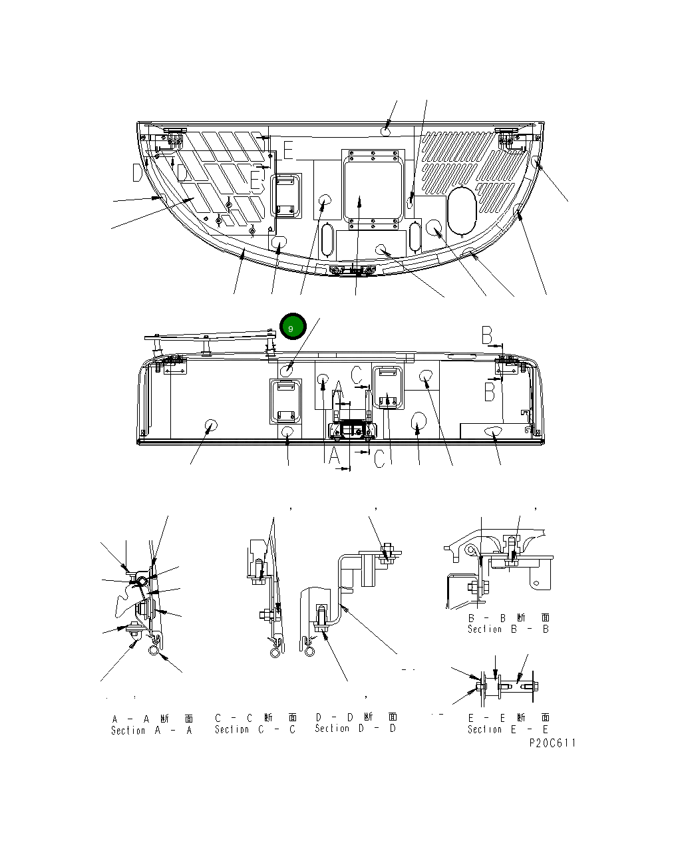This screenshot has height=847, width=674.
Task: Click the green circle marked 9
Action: click(291, 326)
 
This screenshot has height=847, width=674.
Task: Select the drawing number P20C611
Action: click(552, 743)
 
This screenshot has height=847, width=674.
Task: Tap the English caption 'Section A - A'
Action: click(151, 730)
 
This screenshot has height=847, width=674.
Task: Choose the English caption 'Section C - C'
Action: click(255, 729)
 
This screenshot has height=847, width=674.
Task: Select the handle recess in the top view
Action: click(287, 196)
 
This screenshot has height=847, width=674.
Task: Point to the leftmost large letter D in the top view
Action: click(137, 173)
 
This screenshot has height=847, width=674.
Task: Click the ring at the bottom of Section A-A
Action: click(154, 653)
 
